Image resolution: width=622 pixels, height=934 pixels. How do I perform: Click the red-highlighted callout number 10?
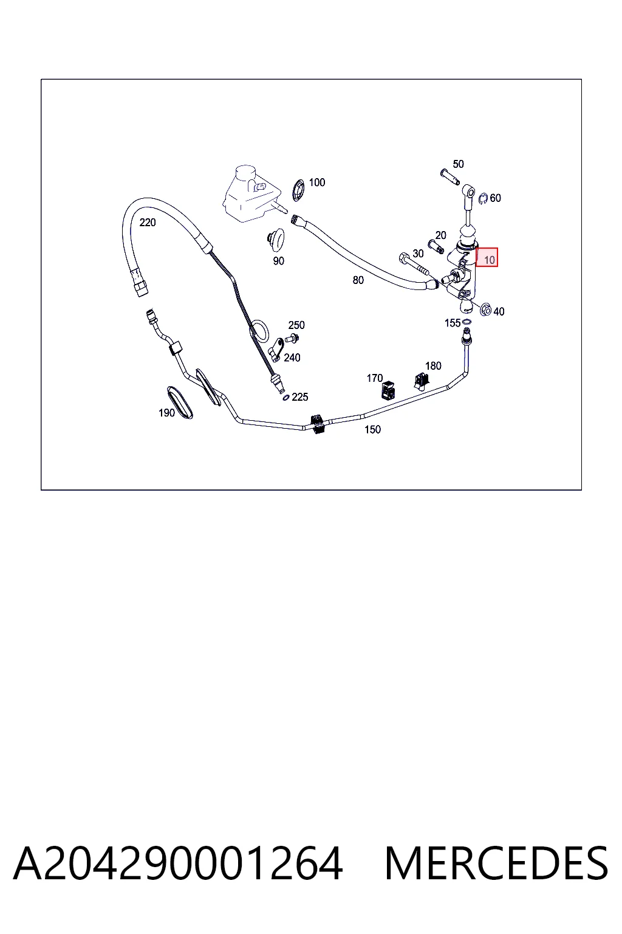coord(489,260)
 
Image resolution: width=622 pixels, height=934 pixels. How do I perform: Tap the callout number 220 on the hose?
coord(148,223)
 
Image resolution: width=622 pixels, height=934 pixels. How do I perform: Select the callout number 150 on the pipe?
coord(372,429)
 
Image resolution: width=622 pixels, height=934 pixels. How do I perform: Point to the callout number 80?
coord(358,280)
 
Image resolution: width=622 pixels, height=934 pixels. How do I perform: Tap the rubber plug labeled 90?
coord(275,240)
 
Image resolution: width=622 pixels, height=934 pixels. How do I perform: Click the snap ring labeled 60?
coord(483,199)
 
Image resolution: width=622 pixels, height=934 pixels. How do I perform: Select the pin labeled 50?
coord(449,176)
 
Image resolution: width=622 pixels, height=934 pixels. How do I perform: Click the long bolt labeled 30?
coord(414,264)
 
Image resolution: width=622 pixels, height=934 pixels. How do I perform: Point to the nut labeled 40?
coord(485,310)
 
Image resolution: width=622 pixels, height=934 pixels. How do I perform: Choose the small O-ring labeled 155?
coord(467,322)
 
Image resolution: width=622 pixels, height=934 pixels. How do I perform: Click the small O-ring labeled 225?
coord(286,398)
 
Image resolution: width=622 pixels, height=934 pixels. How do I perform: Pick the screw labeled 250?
coord(292,338)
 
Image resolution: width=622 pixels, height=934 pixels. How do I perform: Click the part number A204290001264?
coord(178,864)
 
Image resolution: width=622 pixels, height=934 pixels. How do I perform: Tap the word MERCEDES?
coord(496,864)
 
